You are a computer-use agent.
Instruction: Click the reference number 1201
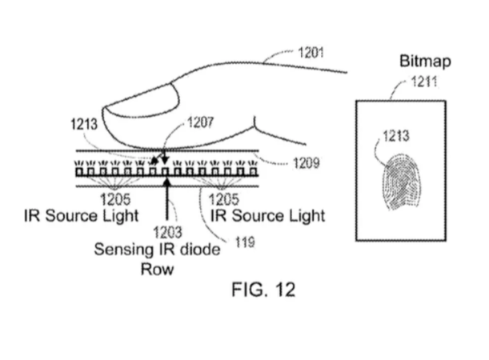tap(311, 52)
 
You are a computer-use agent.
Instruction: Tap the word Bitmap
tap(425, 61)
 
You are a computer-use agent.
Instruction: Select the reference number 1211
tap(424, 82)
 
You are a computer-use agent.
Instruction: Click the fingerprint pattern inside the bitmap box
tap(401, 181)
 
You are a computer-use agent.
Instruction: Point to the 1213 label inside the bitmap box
tap(395, 136)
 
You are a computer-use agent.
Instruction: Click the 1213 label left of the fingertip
tap(84, 124)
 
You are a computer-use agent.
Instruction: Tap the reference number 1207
tap(201, 122)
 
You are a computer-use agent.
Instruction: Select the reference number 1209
tap(307, 162)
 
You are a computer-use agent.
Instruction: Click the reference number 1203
tap(167, 232)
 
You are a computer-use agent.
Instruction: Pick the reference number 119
tap(245, 242)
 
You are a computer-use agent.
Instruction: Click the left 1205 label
tap(115, 199)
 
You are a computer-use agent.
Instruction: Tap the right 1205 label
tap(223, 199)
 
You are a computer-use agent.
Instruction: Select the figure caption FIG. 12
tap(263, 290)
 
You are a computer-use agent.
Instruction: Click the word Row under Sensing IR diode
tap(157, 269)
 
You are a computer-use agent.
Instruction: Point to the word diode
tap(201, 250)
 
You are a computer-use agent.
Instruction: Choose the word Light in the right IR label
tap(307, 216)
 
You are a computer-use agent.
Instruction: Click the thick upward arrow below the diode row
tap(167, 198)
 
